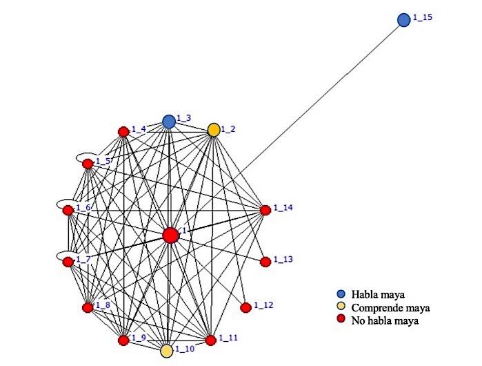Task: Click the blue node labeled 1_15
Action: (x=403, y=20)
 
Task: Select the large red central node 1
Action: (x=170, y=235)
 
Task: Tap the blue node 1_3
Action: (x=169, y=122)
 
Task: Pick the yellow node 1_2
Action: (x=214, y=130)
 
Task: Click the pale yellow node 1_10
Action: (x=167, y=351)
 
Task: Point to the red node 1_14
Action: (x=265, y=210)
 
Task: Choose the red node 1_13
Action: (x=265, y=262)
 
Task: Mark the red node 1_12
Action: (x=245, y=307)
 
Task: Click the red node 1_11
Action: (x=211, y=340)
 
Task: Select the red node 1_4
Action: (x=123, y=132)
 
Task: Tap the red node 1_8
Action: (x=88, y=307)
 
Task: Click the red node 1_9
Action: (x=123, y=340)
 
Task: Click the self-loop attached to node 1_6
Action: (x=66, y=200)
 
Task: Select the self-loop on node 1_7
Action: (x=66, y=252)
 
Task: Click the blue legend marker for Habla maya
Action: (x=341, y=294)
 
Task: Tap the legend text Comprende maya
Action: (x=391, y=307)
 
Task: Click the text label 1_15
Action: (x=423, y=17)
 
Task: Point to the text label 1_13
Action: (x=283, y=259)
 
